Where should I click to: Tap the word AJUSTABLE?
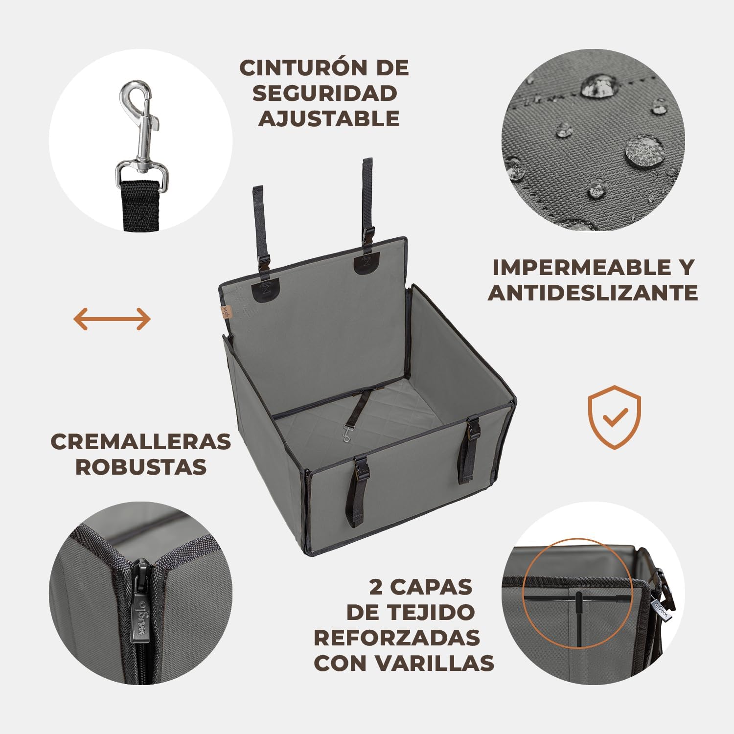point(329,118)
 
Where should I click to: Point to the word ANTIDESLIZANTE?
point(593,293)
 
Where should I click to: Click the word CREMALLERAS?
point(141,442)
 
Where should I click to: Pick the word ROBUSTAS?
point(141,467)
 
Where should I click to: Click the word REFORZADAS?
point(397,638)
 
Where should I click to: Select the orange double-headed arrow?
point(112,319)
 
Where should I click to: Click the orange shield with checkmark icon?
point(614,417)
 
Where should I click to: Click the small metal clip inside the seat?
point(347,435)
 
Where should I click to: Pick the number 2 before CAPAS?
point(376,587)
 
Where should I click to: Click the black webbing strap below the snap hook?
point(140,206)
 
